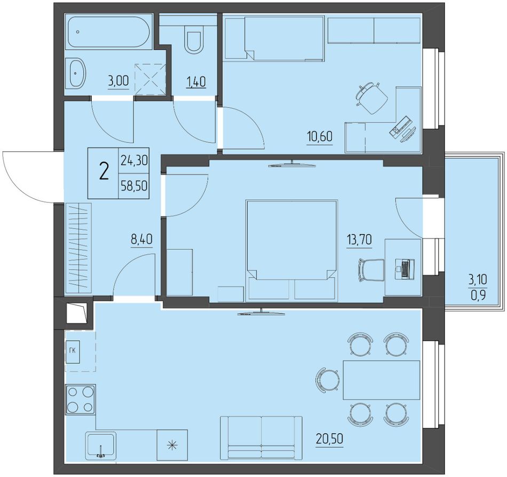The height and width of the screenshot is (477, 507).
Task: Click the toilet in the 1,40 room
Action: [x=193, y=40]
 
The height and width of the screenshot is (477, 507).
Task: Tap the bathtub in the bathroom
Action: [x=108, y=32]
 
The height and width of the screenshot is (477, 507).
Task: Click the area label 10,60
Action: [x=320, y=137]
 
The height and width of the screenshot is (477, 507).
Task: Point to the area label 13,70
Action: [x=359, y=240]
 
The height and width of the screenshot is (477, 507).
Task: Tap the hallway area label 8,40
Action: [x=141, y=240]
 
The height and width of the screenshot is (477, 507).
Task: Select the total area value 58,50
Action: [x=134, y=186]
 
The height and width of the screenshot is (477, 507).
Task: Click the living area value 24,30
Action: [x=134, y=160]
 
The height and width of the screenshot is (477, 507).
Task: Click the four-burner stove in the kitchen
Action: [x=80, y=399]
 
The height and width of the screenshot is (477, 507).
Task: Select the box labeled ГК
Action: [x=73, y=351]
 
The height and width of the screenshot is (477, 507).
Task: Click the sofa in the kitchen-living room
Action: [x=262, y=437]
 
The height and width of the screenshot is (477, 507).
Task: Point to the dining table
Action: [x=382, y=380]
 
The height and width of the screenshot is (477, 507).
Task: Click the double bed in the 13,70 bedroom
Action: [x=292, y=251]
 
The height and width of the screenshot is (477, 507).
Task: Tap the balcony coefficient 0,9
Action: [x=478, y=295]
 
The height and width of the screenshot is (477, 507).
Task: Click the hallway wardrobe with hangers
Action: [x=78, y=248]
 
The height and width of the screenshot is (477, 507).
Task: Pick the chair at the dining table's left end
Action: [x=328, y=380]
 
